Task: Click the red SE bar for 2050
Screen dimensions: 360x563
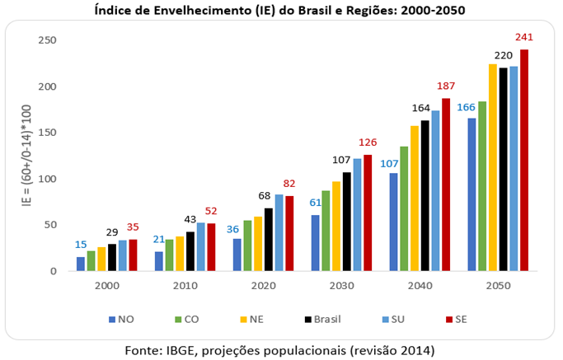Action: coord(524,160)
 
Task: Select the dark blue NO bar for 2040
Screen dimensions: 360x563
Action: coord(394,222)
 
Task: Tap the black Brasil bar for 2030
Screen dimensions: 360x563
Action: coord(347,222)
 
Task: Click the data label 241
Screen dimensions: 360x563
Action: coord(524,37)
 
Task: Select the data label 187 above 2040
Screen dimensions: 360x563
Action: coord(446,86)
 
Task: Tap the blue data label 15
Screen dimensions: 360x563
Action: coord(81,245)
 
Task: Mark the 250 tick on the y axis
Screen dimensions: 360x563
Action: coord(47,40)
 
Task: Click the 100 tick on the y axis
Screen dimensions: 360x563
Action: coord(47,179)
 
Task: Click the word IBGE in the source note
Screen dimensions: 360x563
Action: coord(182,350)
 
